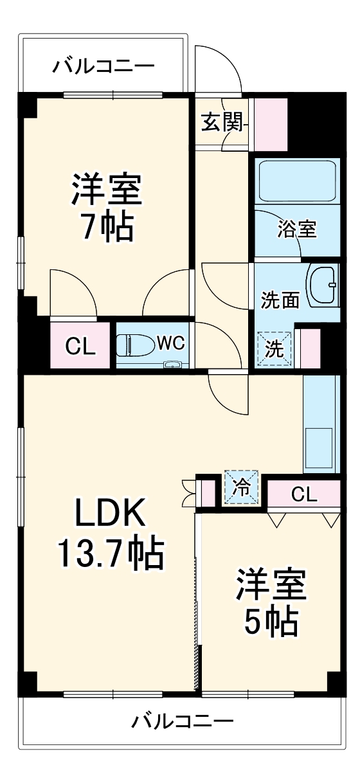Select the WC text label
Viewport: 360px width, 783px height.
click(170, 343)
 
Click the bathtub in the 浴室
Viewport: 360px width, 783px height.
click(296, 181)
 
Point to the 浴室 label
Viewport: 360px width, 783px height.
click(297, 230)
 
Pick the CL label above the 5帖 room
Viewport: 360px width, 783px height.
click(303, 494)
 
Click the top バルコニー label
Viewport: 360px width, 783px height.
click(104, 66)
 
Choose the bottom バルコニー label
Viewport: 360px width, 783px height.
click(183, 721)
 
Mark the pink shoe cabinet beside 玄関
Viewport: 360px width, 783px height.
click(270, 122)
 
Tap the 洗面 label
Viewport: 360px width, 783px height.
click(280, 300)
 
